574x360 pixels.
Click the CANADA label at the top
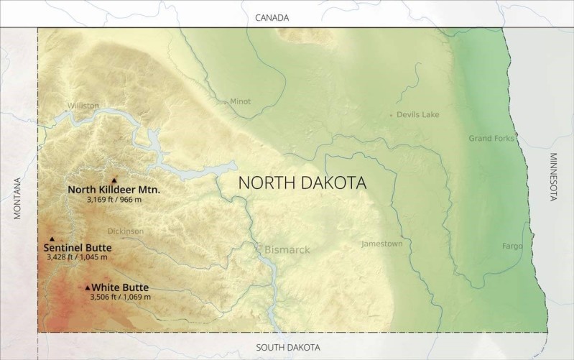pyautogui.click(x=272, y=17)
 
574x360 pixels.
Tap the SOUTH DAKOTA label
pyautogui.click(x=288, y=348)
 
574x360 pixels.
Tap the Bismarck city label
pyautogui.click(x=287, y=250)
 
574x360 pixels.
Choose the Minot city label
pyautogui.click(x=240, y=101)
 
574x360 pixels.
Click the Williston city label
pyautogui.click(x=83, y=105)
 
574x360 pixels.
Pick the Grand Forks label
pyautogui.click(x=491, y=138)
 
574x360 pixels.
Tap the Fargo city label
pyautogui.click(x=512, y=246)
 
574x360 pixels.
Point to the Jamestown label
pyautogui.click(x=381, y=244)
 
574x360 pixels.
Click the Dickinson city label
pyautogui.click(x=125, y=231)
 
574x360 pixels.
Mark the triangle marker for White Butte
pyautogui.click(x=88, y=287)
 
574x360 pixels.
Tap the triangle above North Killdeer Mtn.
pyautogui.click(x=114, y=180)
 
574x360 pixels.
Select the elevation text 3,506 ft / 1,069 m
pyautogui.click(x=120, y=296)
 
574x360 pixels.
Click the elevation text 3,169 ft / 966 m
pyautogui.click(x=113, y=199)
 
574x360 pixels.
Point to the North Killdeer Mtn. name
pyautogui.click(x=114, y=190)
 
